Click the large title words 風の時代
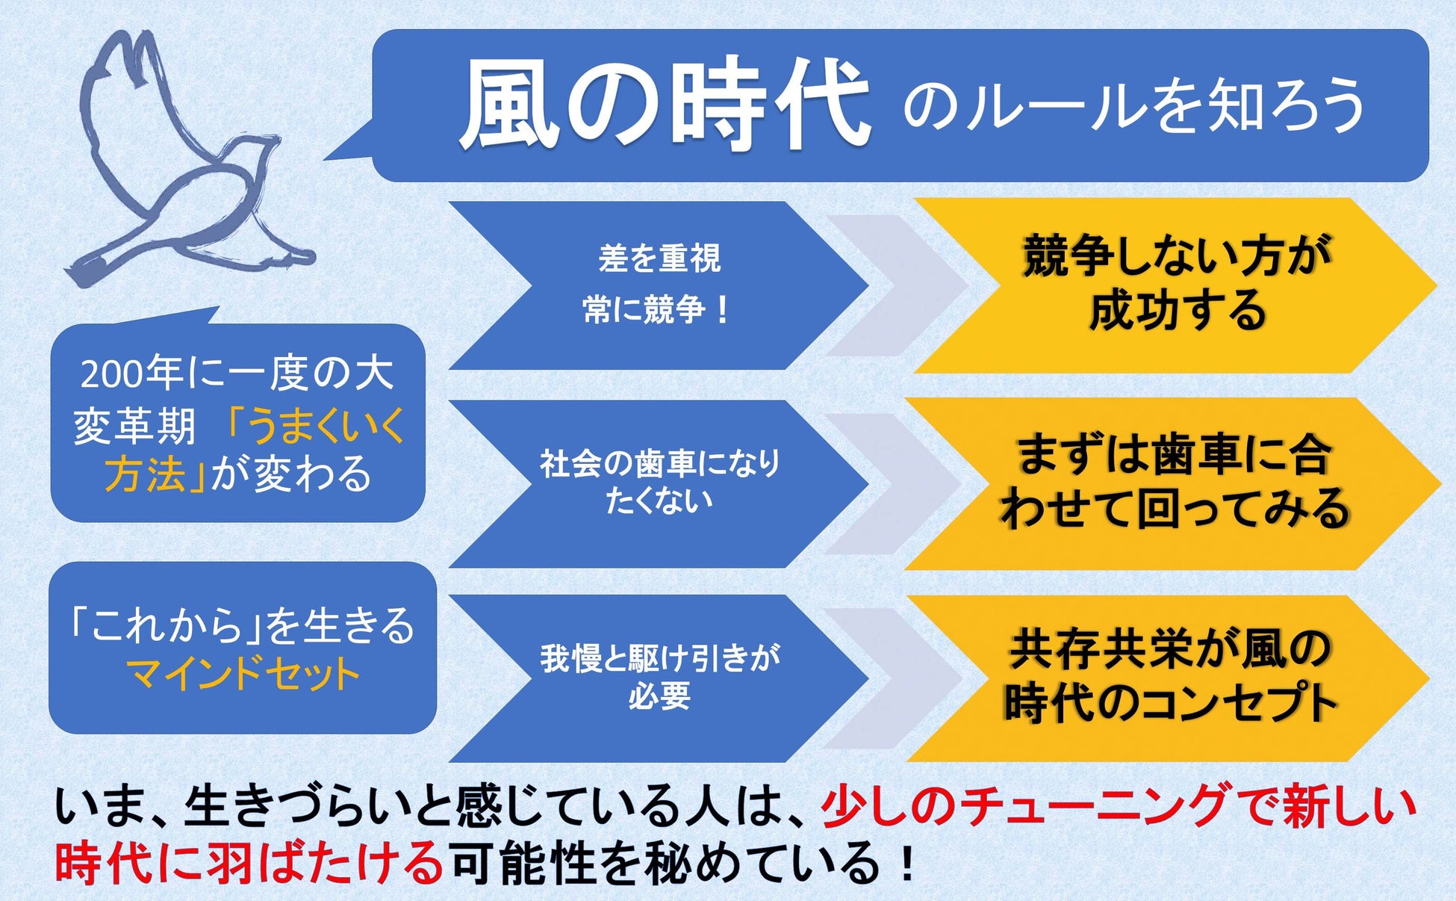pos(665,105)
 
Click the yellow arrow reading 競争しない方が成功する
pos(1176,285)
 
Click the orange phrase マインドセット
pos(243,674)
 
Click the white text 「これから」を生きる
pos(240,626)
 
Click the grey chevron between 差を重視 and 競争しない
pos(896,285)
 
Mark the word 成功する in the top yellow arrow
pos(1177,311)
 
